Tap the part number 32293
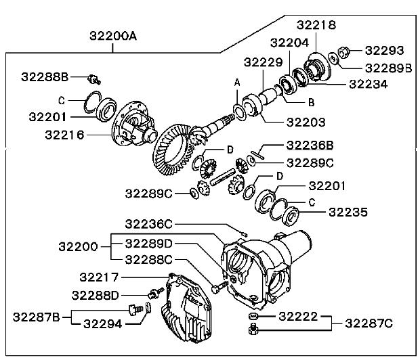(384, 50)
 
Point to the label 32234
(369, 84)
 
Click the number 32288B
(45, 77)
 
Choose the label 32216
(64, 135)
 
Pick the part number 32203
(306, 122)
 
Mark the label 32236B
(310, 145)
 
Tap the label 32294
(103, 323)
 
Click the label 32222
(298, 316)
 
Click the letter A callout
(237, 82)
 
